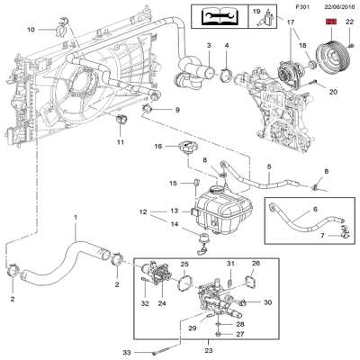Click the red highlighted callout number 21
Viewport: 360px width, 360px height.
point(329,21)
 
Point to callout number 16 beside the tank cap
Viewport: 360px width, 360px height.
point(156,146)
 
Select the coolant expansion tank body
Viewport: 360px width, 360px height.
point(220,215)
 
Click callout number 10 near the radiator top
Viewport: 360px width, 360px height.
point(31,30)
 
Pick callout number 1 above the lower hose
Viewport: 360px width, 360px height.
point(76,217)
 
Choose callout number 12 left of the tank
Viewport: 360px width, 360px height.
point(142,212)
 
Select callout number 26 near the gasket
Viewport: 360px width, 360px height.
point(256,264)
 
